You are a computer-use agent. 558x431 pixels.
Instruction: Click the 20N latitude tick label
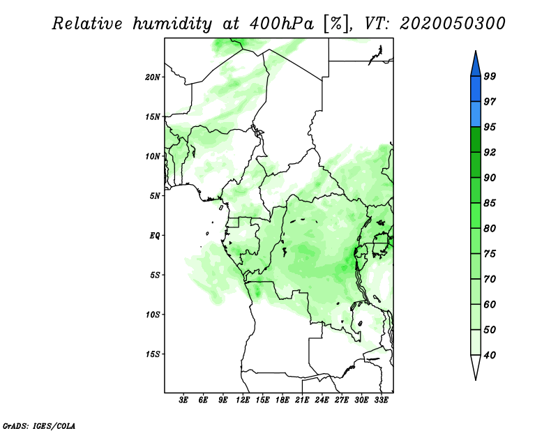point(153,77)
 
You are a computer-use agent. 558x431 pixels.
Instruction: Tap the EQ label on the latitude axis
point(154,235)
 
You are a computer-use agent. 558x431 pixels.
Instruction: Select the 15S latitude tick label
point(153,354)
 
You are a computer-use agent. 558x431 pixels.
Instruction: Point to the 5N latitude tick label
point(154,196)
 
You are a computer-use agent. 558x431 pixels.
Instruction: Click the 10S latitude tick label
point(153,315)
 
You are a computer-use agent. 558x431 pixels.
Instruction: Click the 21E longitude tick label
point(302,401)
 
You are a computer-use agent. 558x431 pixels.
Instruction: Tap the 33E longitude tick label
point(381,401)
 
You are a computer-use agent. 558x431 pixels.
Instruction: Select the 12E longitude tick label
point(243,401)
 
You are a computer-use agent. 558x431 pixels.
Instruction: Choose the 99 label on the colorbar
point(490,77)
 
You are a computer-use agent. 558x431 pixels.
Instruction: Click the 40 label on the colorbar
point(490,356)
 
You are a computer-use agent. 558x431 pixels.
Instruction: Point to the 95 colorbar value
point(490,128)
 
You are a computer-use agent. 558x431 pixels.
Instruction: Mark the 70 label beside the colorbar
point(490,280)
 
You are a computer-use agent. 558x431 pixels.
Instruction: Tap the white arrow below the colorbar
point(474,368)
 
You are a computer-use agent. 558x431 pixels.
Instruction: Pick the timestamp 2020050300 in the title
point(453,24)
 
